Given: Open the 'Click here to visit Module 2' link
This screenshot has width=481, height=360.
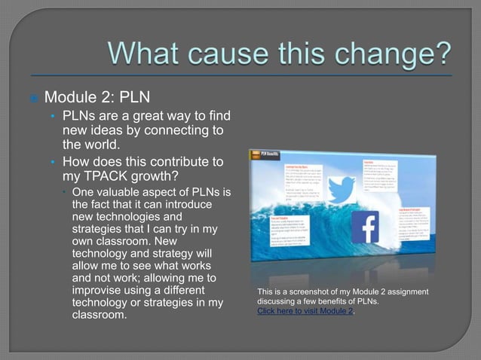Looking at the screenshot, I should tap(305, 311).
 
